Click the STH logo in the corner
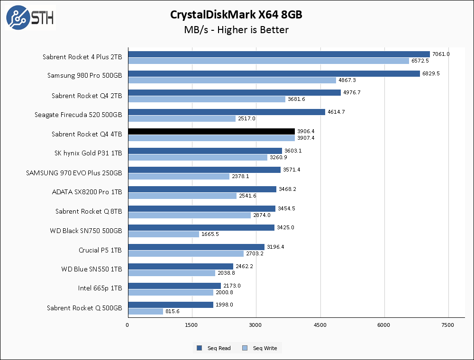30,18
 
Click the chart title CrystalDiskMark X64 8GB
236,15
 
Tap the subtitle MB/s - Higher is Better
236,30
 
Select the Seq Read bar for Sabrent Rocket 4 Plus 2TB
279,54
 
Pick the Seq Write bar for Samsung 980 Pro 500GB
232,80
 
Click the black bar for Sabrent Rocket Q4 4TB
211,131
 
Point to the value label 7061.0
441,54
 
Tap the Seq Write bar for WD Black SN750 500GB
164,234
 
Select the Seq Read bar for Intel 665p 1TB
174,286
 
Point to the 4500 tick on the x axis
320,325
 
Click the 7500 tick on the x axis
447,325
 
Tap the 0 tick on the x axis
128,325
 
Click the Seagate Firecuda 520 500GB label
78,115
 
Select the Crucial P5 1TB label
100,250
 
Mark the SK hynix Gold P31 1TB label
88,153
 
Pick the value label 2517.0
246,118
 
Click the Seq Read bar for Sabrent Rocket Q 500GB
170,305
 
